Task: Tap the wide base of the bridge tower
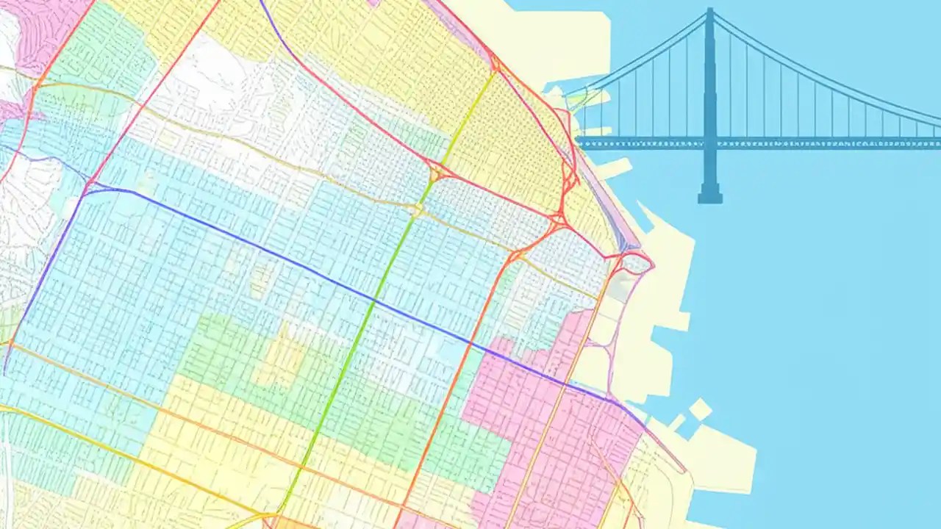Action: point(709,196)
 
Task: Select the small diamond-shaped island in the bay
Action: point(701,409)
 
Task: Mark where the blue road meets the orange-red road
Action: point(471,342)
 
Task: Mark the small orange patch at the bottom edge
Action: point(294,522)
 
